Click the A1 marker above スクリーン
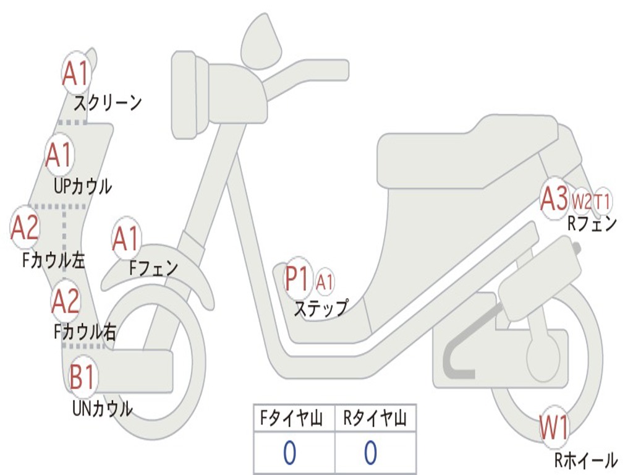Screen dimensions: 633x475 point(77,74)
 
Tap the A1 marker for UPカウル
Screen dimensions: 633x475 point(60,155)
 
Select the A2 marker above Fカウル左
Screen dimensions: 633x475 point(25,227)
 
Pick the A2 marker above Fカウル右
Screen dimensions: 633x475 point(66,300)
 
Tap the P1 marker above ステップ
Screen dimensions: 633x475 point(297,278)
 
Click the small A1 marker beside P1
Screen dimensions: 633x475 point(325,282)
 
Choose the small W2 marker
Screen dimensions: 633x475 point(581,200)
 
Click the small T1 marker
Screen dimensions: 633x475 point(603,200)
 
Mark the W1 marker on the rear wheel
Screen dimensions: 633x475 point(554,426)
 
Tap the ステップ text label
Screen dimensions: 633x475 point(320,307)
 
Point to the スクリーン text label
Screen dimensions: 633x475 point(108,102)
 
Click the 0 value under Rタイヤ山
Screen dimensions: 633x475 point(370,453)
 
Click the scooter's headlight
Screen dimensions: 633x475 point(184,93)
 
